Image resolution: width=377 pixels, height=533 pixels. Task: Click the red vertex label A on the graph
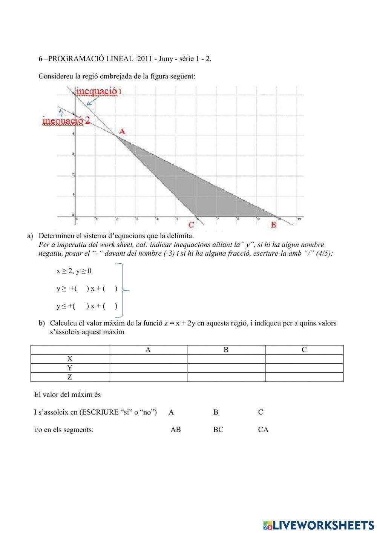122,132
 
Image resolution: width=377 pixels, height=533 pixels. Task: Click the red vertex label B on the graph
274,225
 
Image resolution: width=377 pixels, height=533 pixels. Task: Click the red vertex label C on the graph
191,225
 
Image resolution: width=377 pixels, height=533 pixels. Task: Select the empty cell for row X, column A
148,359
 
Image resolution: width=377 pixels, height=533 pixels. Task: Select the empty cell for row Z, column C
304,377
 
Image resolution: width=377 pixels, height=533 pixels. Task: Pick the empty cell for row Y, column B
226,368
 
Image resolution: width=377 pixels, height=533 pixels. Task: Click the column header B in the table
226,350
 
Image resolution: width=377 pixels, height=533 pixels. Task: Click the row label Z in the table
70,377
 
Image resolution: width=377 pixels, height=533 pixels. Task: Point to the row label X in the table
70,359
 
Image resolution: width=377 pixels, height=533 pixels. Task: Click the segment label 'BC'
218,430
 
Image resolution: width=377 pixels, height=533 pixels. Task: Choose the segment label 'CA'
263,430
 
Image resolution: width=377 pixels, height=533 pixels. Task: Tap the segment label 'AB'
176,430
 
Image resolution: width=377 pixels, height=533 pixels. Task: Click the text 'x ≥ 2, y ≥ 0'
74,271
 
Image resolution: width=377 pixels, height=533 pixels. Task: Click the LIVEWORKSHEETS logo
319,525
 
